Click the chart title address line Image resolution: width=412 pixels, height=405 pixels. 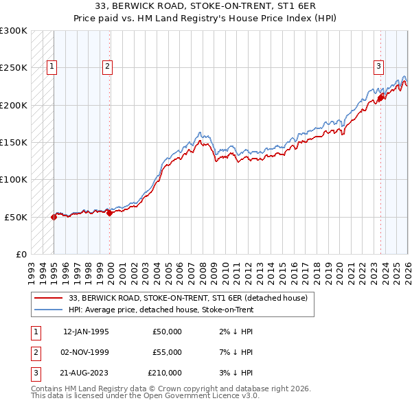coord(206,8)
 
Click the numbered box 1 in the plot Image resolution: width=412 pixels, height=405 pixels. coord(52,67)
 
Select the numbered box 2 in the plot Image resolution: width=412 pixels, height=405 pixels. coord(108,67)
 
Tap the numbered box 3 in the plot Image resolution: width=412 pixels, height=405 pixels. coord(378,67)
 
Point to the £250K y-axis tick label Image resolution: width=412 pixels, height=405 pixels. coord(14,68)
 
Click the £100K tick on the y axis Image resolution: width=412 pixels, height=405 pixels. coord(14,179)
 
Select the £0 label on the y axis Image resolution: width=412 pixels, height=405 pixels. coord(21,254)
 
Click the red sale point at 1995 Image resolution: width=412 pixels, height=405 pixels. coord(54,217)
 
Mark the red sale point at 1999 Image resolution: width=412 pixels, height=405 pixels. coord(109,213)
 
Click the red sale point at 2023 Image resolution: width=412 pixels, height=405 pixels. coord(380,98)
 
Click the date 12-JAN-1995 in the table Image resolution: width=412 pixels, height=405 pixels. coord(86,332)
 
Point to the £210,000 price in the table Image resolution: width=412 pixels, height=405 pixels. coord(165,373)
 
